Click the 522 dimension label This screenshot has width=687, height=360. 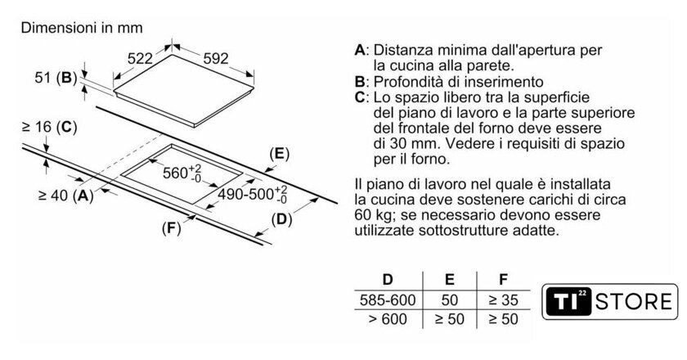coord(140,58)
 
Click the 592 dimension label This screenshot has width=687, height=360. coord(216,58)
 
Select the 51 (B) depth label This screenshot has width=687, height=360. coord(56,78)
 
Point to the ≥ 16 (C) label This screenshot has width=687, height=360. coord(49,127)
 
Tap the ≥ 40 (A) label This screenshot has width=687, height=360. coord(66,195)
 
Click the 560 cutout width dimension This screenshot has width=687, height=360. coord(182,173)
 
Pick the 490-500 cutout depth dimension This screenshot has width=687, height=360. coord(253,194)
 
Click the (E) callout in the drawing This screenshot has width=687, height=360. coord(280,154)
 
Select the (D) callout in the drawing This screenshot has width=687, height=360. coord(281,219)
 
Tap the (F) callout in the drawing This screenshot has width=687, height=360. coord(171,228)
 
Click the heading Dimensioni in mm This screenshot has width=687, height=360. coord(82,28)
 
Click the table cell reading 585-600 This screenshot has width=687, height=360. coord(388,300)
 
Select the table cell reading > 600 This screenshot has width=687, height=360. coord(388,319)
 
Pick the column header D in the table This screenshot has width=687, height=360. coord(388,279)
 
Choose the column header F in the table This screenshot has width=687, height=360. coord(504,279)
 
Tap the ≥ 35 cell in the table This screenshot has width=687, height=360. coord(504,300)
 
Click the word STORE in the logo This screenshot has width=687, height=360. coord(634,302)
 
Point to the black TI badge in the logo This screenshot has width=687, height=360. coord(569,302)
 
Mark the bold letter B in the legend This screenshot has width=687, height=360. coord(360,82)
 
